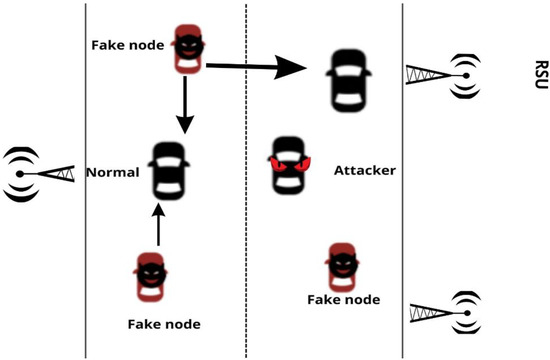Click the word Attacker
[365, 171]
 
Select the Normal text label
[111, 171]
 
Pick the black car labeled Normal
[166, 172]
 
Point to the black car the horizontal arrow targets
[349, 78]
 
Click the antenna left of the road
[40, 172]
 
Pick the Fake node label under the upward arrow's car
[164, 324]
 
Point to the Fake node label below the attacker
[342, 300]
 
